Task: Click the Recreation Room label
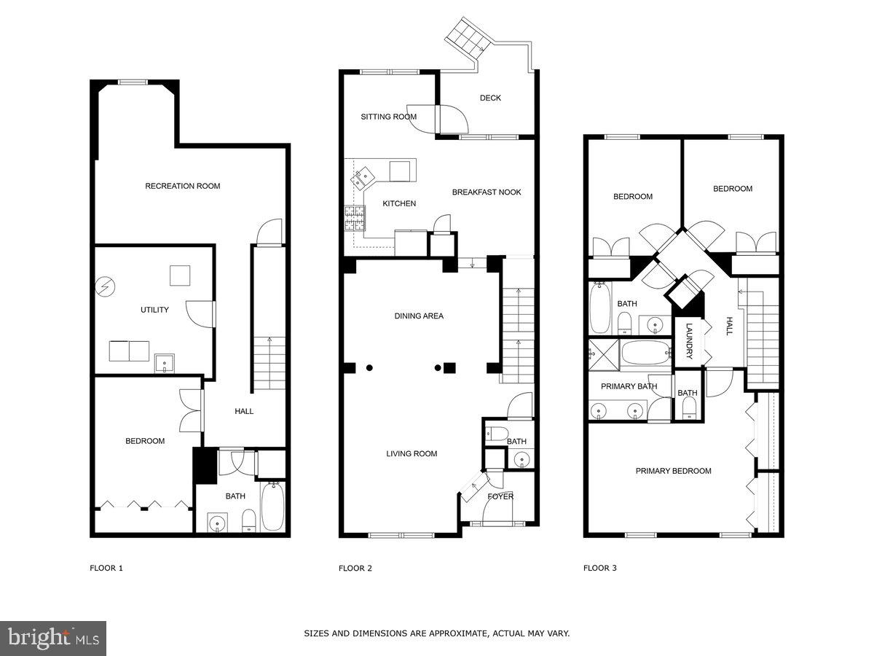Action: point(182,186)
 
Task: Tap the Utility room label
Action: point(154,310)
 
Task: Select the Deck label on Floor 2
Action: point(490,98)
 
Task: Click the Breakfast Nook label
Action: point(487,192)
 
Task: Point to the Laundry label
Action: point(689,341)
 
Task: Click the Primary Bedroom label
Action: point(673,471)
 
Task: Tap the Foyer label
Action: point(500,496)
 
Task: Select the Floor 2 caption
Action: point(355,568)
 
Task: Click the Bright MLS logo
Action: point(53,639)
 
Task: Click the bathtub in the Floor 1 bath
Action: point(274,507)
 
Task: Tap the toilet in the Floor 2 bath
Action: point(498,434)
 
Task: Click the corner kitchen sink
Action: point(362,176)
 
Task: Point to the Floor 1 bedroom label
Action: point(145,441)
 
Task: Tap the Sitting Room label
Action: point(389,117)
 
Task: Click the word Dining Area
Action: point(419,316)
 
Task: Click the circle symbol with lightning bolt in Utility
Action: point(106,286)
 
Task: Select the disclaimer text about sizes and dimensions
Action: point(436,633)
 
